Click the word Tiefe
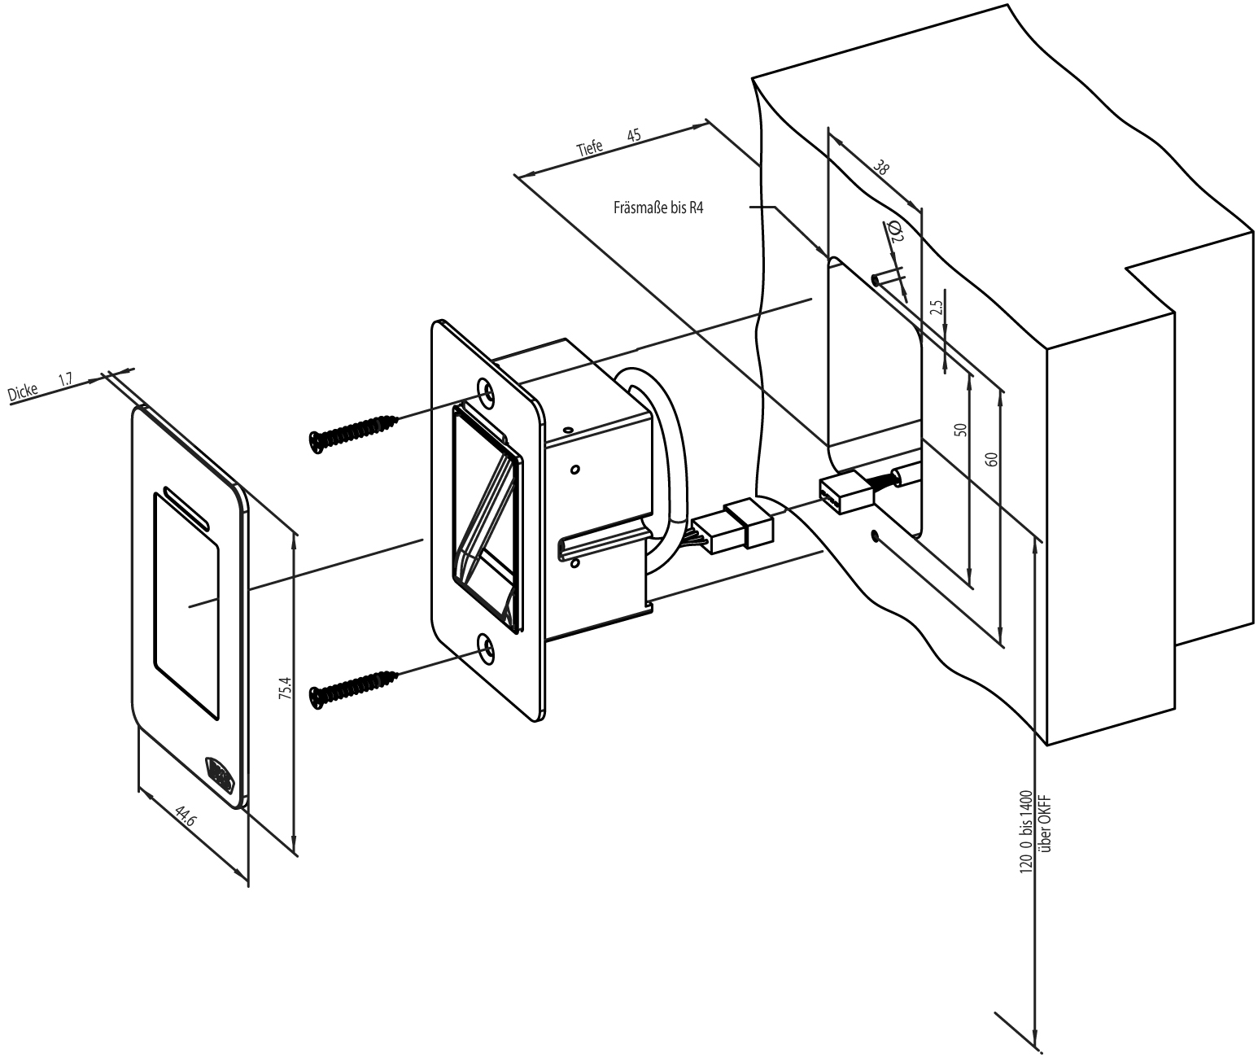(x=590, y=147)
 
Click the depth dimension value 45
(x=635, y=135)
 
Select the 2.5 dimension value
(x=936, y=308)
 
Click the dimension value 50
(x=960, y=431)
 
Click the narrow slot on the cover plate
(x=187, y=506)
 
